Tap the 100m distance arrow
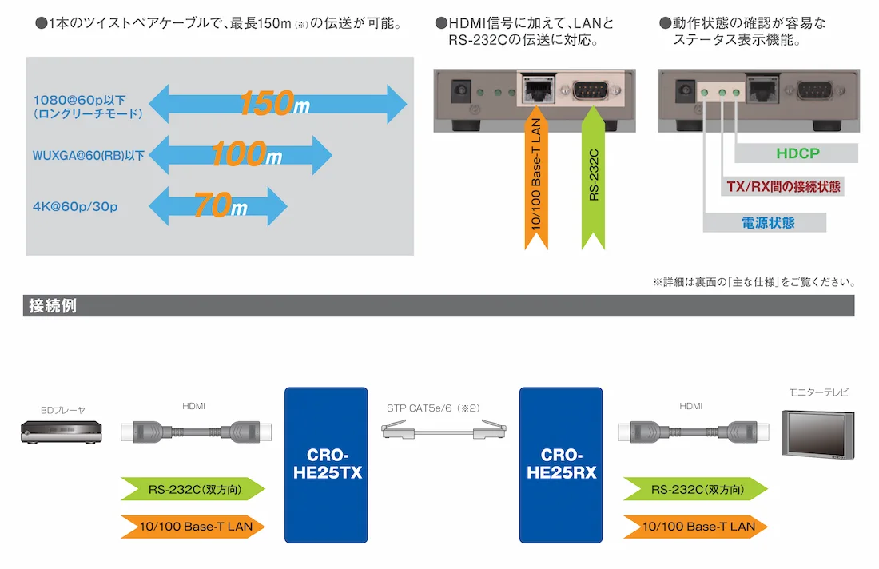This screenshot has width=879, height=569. tap(240, 154)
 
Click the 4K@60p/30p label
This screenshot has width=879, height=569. tap(75, 208)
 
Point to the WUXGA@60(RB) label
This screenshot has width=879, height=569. tap(88, 156)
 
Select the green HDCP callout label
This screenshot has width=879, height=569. tap(797, 153)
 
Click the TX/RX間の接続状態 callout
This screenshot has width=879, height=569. tap(784, 187)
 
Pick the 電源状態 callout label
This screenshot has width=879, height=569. tap(765, 223)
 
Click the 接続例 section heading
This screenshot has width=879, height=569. tap(53, 305)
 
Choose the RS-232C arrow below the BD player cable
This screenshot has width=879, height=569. tap(192, 489)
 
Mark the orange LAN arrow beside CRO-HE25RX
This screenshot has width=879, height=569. tap(695, 527)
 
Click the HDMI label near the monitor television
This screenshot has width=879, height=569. tap(691, 407)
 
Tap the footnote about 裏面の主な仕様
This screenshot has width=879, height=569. tap(754, 282)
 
